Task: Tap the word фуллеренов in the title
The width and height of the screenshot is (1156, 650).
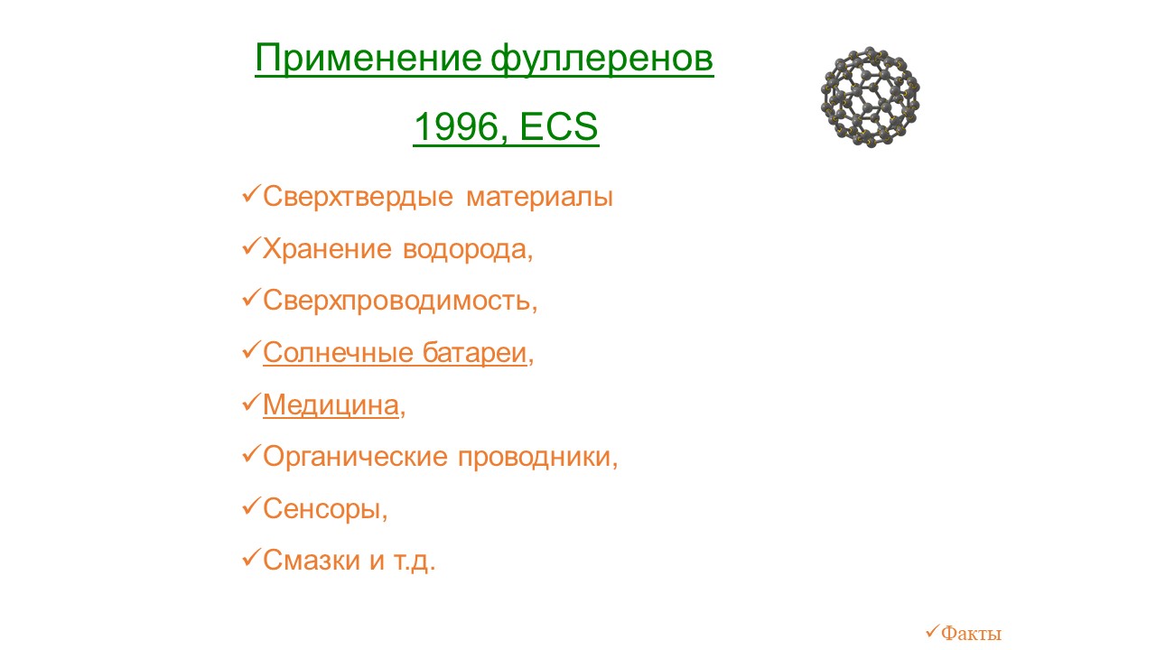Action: [601, 60]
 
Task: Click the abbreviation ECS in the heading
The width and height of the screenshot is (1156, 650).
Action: [559, 126]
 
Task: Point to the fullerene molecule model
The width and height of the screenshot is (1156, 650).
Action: [870, 97]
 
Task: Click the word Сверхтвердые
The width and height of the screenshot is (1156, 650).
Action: [359, 197]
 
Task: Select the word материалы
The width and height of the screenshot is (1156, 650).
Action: [539, 198]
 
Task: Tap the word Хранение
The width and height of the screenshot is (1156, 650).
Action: [327, 249]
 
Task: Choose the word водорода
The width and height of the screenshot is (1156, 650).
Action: [464, 250]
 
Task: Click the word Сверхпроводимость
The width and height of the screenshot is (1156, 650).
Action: [396, 302]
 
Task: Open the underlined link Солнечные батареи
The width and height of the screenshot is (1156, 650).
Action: [395, 353]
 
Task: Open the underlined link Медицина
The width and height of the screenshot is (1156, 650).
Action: [331, 405]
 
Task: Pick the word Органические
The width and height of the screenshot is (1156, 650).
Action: [355, 457]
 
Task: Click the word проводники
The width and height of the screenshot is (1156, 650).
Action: [534, 457]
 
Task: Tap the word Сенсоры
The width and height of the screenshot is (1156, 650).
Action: [322, 509]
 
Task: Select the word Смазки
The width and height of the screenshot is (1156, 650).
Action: [312, 561]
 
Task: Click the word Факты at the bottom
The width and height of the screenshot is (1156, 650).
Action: [971, 633]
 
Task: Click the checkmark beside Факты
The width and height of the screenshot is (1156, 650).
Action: [932, 631]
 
